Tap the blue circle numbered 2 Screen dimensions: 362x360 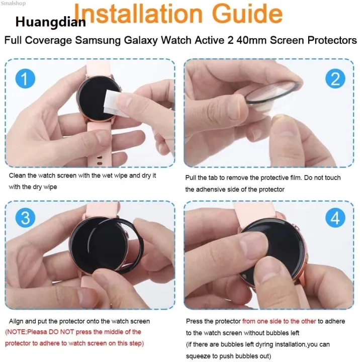click(x=335, y=78)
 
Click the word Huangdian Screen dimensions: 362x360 click(x=50, y=23)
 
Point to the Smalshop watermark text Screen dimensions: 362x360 click(x=14, y=3)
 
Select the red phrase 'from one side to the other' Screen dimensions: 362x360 click(x=279, y=321)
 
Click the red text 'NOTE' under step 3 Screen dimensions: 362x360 click(x=18, y=332)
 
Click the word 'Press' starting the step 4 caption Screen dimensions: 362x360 click(x=195, y=321)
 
